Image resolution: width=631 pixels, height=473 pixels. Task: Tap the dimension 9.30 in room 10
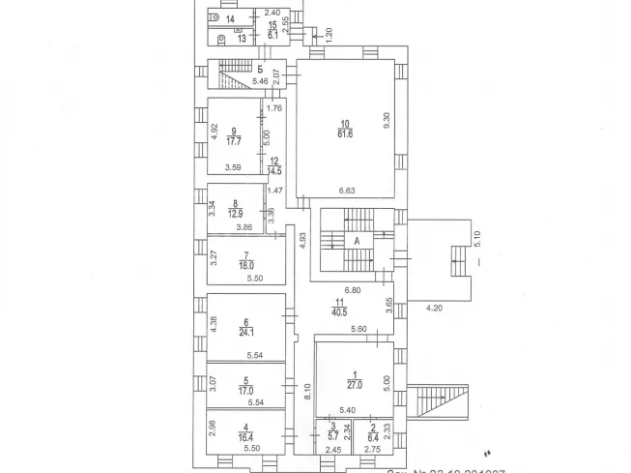tap(386, 121)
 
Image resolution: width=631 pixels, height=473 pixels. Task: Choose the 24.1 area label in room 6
tap(246, 334)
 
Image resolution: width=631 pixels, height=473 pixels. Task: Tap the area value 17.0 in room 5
tap(247, 393)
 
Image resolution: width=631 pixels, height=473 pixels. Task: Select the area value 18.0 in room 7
tap(246, 263)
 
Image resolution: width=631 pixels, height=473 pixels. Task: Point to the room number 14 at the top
tap(230, 19)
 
